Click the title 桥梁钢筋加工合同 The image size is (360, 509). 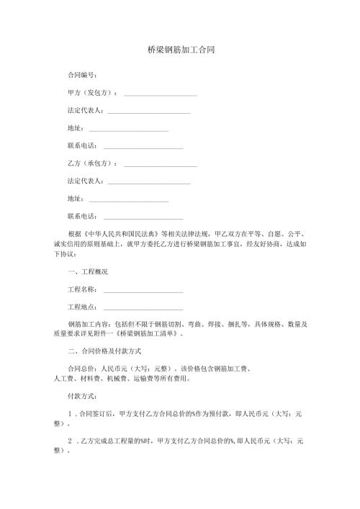click(179, 51)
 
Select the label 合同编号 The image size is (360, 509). click(81, 75)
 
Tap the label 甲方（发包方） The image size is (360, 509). click(91, 93)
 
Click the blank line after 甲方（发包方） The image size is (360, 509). click(161, 94)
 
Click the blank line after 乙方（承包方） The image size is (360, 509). click(161, 165)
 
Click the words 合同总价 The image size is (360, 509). click(80, 370)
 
